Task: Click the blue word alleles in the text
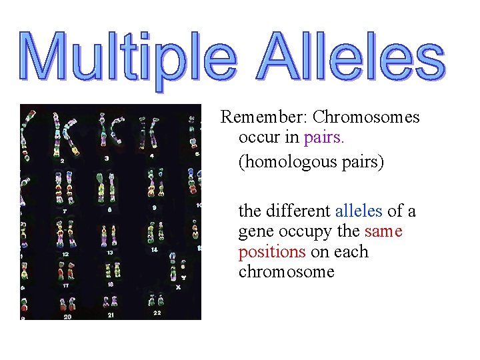click(359, 211)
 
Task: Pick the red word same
click(383, 232)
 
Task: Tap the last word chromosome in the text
click(286, 272)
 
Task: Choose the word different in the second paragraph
click(299, 211)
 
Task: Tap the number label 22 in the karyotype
click(157, 312)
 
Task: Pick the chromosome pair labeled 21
click(109, 301)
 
